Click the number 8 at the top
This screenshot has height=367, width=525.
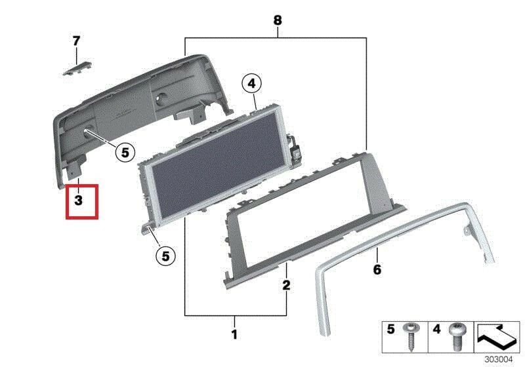(x=278, y=20)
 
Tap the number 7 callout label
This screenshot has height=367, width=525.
(x=77, y=41)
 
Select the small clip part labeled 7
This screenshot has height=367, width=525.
(x=78, y=69)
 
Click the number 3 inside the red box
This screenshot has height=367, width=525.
(x=78, y=201)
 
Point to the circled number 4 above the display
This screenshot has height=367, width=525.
(x=251, y=84)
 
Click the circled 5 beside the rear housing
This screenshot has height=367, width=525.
(x=125, y=153)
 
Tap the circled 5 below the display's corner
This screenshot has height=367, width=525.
(x=166, y=256)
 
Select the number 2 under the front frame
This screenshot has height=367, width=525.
(x=286, y=285)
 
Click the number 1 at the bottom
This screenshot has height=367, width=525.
(x=234, y=334)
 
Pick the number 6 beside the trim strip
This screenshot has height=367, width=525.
(x=377, y=269)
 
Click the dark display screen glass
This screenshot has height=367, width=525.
(x=215, y=164)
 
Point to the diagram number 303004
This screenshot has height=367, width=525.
(x=499, y=359)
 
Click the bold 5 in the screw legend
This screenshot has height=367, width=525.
(x=390, y=329)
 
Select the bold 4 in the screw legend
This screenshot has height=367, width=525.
(x=436, y=329)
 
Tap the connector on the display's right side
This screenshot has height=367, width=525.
(x=294, y=147)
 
